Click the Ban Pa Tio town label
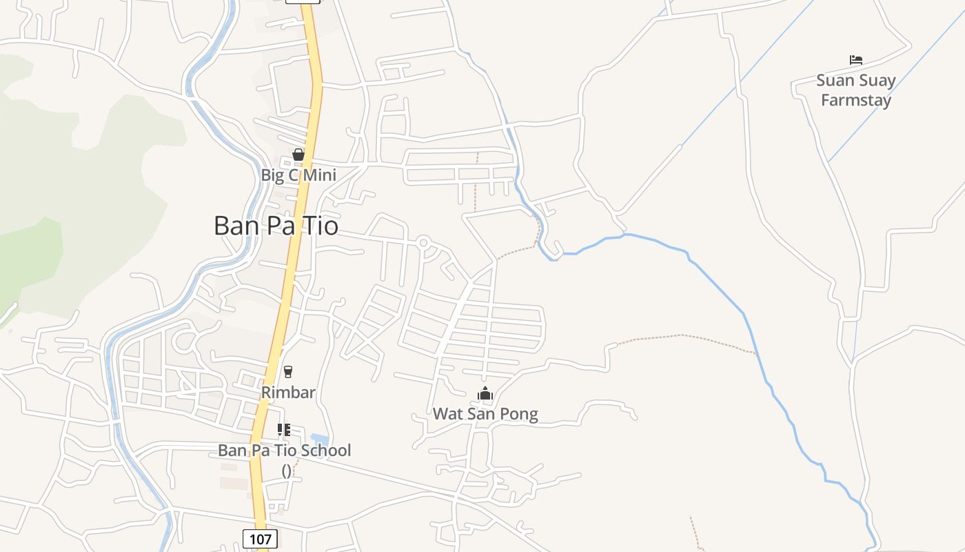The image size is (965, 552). click(x=276, y=226)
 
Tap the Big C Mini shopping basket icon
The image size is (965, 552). click(x=298, y=155)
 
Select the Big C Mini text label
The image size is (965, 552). click(x=298, y=175)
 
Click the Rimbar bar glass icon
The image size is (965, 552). click(x=288, y=372)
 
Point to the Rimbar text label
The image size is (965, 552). click(x=288, y=393)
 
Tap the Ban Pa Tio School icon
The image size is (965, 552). click(x=284, y=430)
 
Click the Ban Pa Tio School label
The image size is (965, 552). click(x=285, y=451)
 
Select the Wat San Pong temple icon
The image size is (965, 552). click(x=485, y=394)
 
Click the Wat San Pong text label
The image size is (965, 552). click(x=485, y=414)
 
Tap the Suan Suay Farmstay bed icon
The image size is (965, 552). click(x=856, y=60)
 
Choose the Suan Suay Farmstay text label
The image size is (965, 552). click(x=856, y=90)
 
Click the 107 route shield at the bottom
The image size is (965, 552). click(x=260, y=538)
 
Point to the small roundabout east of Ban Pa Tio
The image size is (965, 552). click(x=423, y=242)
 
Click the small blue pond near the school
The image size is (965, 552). click(x=320, y=440)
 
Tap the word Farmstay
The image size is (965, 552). click(x=856, y=100)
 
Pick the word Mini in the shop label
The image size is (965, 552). click(x=320, y=175)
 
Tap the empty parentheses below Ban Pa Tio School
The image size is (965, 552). click(x=286, y=471)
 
